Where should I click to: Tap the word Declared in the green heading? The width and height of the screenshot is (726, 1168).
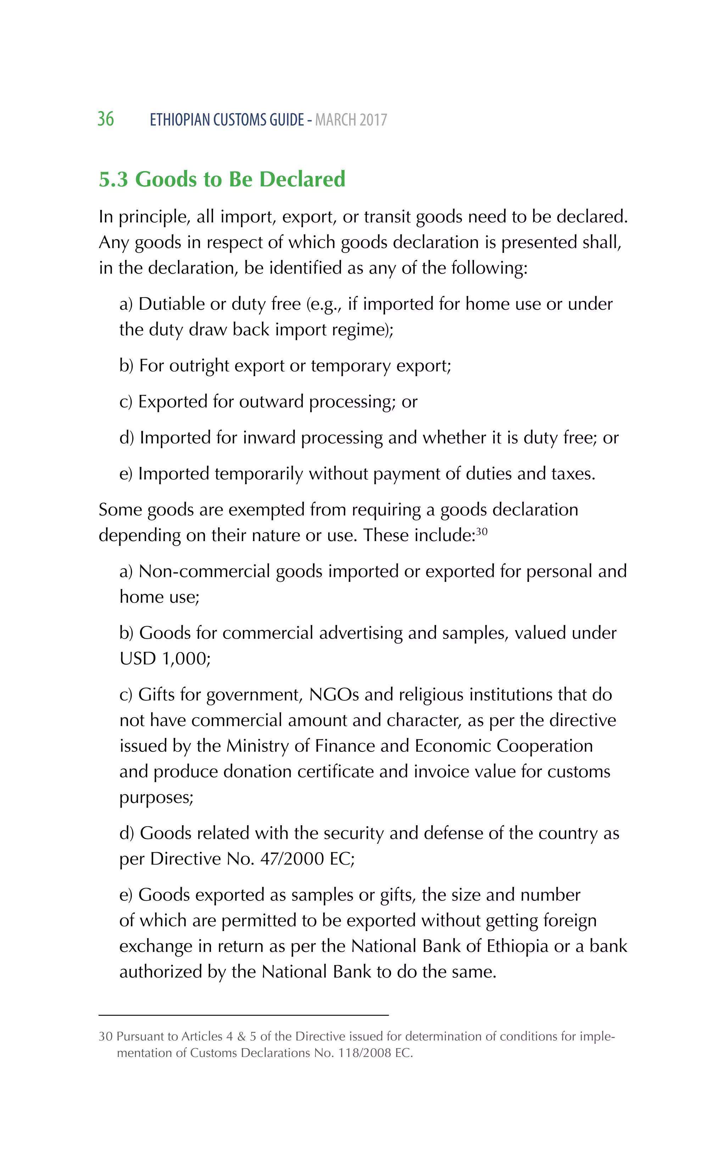pyautogui.click(x=302, y=179)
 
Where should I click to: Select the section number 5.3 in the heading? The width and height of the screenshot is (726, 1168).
pyautogui.click(x=113, y=179)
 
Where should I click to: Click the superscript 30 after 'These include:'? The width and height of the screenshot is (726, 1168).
pyautogui.click(x=482, y=531)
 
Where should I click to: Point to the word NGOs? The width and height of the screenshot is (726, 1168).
pyautogui.click(x=334, y=695)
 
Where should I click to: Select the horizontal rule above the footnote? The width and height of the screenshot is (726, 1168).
pyautogui.click(x=244, y=1015)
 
